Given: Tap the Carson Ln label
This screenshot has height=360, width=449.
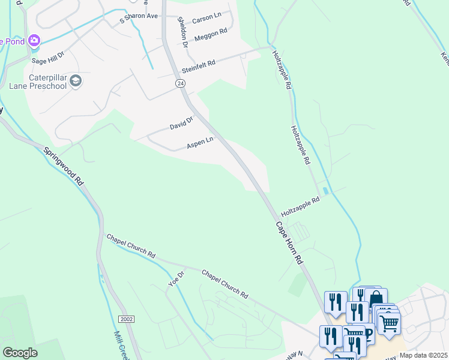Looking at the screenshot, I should pos(206,19).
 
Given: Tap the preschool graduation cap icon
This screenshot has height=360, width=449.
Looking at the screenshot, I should pos(76,81).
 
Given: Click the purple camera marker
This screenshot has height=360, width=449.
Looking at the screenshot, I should pos(34,40).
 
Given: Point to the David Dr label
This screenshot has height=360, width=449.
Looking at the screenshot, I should pos(181,124).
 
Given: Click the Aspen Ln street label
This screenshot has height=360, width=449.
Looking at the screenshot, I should pos(200,143).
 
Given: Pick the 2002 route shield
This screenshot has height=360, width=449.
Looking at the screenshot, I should pos(127,319).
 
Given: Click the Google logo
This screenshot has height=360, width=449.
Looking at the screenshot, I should pos(20,353).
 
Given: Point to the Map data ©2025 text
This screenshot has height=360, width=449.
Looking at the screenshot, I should pos(423,355).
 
